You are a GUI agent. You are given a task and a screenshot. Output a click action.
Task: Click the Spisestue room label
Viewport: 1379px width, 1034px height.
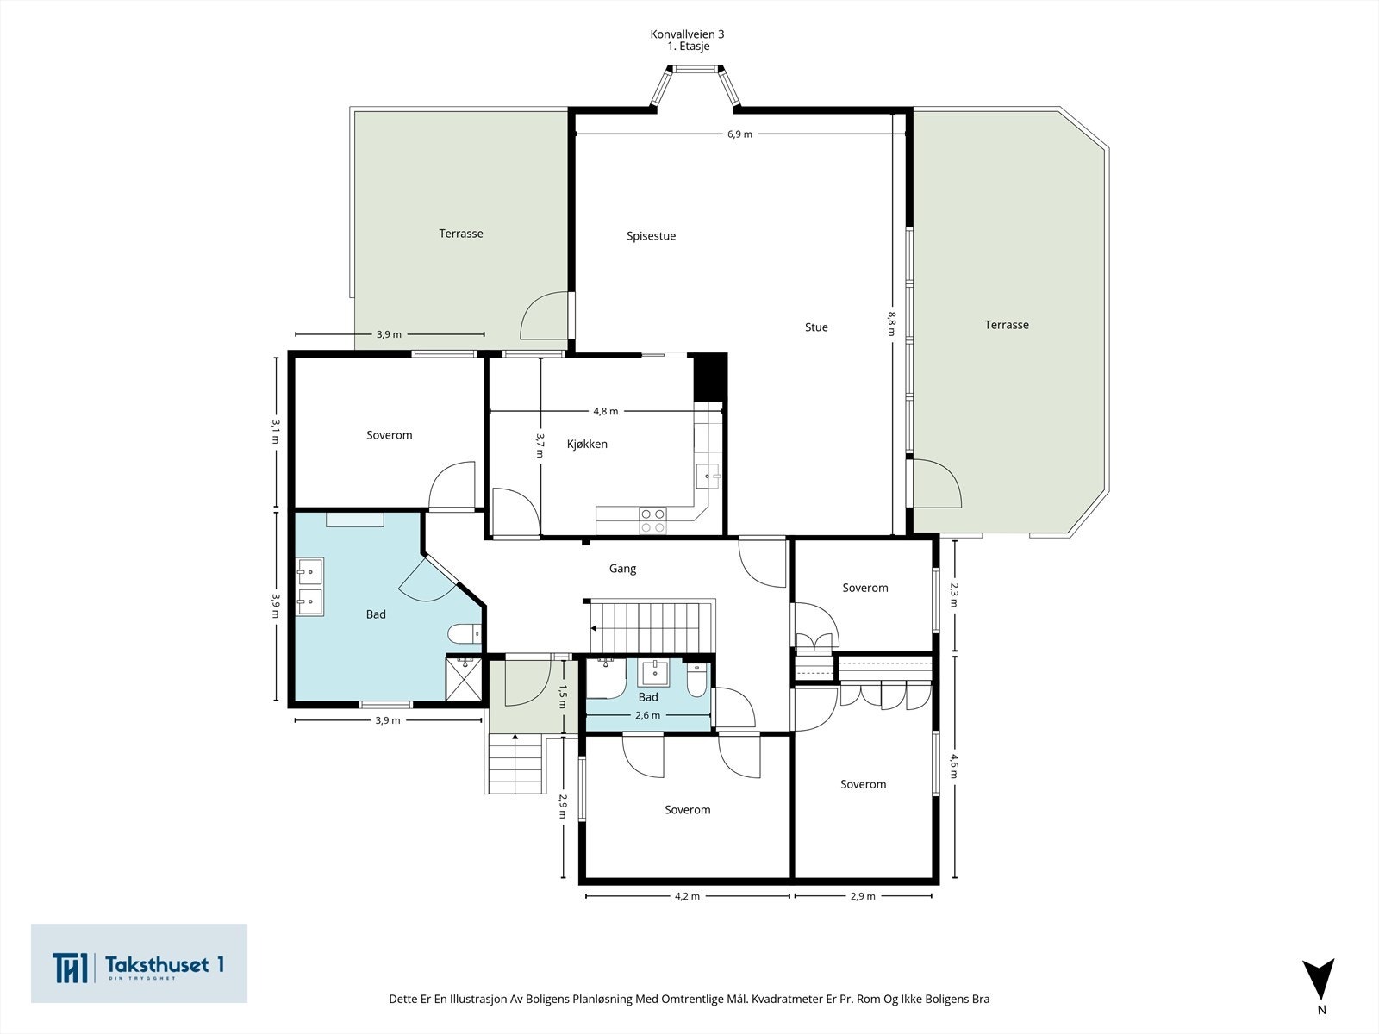[651, 236]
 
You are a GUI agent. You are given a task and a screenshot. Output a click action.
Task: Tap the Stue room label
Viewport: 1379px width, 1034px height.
[816, 327]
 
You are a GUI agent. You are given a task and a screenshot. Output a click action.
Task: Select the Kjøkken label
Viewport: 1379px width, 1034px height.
[587, 444]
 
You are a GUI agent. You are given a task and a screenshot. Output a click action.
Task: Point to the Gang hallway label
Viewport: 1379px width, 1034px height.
[622, 568]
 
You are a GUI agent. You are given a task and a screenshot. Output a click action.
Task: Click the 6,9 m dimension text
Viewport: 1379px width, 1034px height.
[739, 134]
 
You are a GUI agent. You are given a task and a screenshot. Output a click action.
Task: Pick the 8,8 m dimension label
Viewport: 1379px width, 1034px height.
[891, 324]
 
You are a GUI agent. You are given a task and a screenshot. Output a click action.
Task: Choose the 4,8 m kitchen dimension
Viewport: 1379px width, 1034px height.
[606, 411]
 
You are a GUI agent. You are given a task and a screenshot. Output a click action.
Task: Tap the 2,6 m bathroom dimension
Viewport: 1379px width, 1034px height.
[648, 715]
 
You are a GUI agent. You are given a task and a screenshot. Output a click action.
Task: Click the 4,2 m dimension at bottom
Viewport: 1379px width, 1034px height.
[687, 896]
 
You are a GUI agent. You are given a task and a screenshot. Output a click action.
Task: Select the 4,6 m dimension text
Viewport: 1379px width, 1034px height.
[954, 766]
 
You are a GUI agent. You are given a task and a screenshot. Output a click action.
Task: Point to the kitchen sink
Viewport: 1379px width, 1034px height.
[708, 477]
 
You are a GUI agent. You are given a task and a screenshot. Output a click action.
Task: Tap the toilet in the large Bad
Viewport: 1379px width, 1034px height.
[465, 634]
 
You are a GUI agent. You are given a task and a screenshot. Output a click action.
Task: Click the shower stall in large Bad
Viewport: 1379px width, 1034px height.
[464, 678]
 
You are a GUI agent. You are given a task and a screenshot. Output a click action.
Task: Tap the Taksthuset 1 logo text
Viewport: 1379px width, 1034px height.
[164, 965]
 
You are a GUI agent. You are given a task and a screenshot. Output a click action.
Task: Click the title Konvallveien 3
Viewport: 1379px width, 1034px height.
[687, 34]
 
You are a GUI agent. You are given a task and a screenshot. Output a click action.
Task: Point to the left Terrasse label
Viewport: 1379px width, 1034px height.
[461, 234]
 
